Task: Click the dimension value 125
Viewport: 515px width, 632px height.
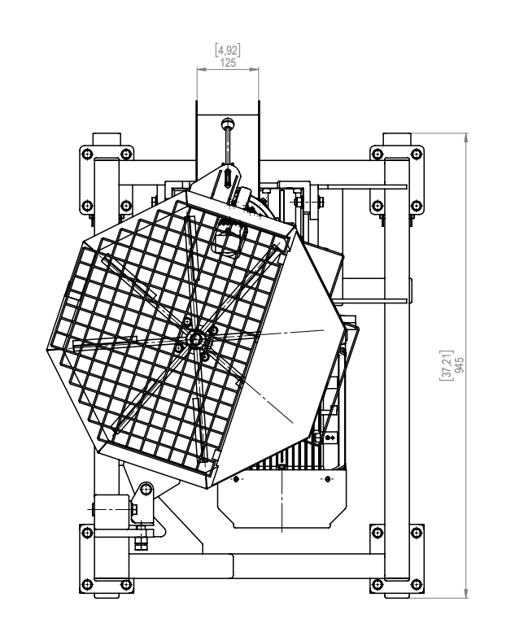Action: [228, 63]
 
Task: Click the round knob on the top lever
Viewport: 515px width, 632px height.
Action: [228, 122]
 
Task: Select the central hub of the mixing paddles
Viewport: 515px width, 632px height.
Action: [196, 338]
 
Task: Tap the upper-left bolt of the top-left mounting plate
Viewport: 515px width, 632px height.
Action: [87, 154]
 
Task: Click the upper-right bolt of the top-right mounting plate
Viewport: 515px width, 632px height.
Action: [416, 153]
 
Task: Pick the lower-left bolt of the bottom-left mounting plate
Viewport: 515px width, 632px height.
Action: [87, 585]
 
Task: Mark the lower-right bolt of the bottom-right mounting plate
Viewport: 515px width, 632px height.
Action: [416, 584]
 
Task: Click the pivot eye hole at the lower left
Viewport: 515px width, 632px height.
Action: [146, 490]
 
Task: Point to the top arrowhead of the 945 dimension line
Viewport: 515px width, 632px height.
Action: [466, 137]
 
